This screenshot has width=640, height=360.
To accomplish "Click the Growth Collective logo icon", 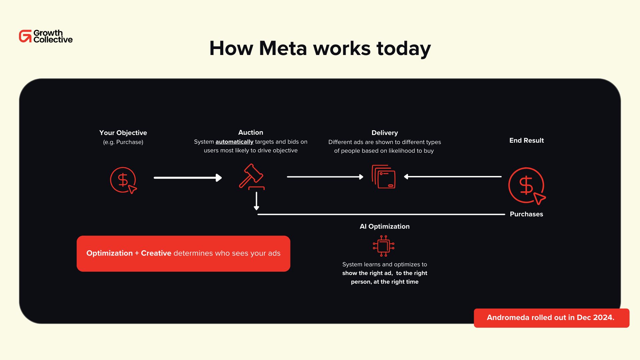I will tap(25, 36).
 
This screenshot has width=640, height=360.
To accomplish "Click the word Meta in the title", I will tap(283, 48).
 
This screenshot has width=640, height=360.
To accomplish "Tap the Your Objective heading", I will tap(123, 133).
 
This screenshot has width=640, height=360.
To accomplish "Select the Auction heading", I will tap(251, 132).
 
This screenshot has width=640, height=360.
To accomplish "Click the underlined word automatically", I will tap(234, 142).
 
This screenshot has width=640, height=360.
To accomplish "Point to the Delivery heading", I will tap(385, 133).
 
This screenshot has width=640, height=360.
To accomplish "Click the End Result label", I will tap(526, 140).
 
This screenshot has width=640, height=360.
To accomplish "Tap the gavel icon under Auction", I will tap(252, 177).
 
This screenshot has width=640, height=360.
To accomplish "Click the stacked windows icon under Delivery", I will tap(384, 177).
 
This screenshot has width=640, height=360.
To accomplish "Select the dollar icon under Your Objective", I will tap(123, 180).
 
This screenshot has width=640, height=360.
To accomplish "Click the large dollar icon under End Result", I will tap(526, 186).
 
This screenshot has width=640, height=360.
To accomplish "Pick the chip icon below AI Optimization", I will tap(384, 246).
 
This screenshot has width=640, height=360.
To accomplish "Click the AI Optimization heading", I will tap(385, 226).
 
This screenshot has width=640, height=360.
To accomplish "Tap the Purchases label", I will tap(526, 214).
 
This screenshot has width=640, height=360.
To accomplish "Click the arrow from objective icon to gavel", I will tap(188, 178).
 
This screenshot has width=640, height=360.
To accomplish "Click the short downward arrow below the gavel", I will tap(256, 201).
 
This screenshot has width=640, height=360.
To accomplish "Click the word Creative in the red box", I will tap(156, 253).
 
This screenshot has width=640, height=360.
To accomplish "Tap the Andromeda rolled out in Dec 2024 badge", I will tap(551, 318).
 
